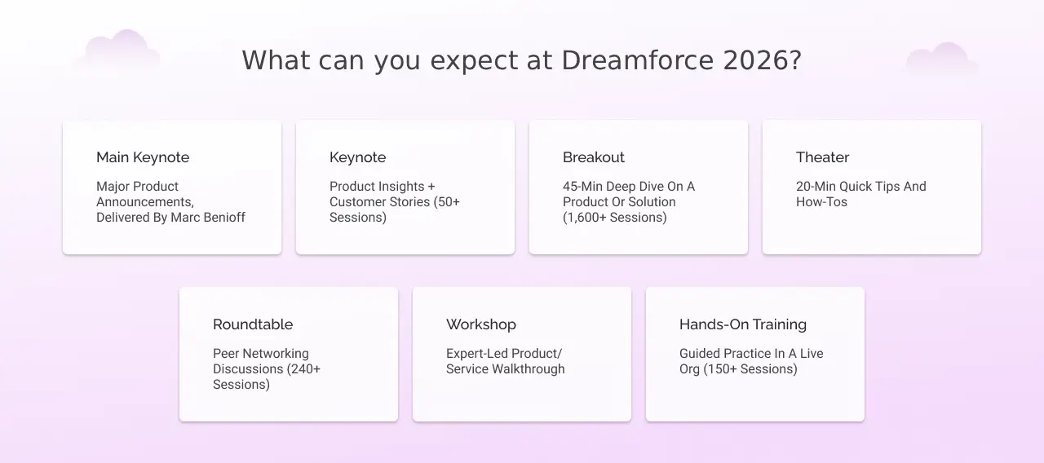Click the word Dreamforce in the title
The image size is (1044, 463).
coord(638,60)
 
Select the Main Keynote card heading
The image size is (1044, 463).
coord(143,157)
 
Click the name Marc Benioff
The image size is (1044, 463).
coord(208,218)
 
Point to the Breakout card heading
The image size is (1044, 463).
coord(593,157)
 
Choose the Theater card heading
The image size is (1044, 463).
coord(823,157)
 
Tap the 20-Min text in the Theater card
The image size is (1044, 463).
coord(816,187)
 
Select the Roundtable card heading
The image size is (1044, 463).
coord(253,324)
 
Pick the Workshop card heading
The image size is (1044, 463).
coord(481,324)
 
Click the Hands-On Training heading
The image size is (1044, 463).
coord(743,324)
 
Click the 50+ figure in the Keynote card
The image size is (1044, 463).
coord(449,202)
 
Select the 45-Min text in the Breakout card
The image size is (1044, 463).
coord(583,187)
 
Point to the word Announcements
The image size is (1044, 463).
coord(145,202)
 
